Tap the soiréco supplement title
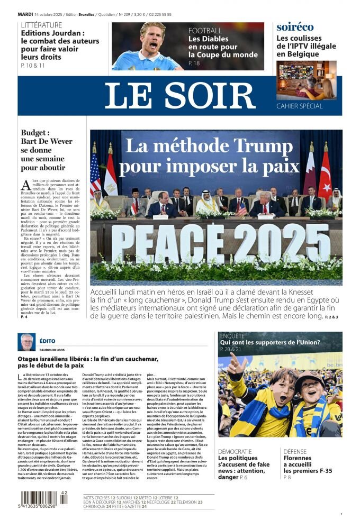[295, 27]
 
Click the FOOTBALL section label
[205, 31]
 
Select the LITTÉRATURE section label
[41, 25]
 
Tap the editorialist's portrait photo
[26, 342]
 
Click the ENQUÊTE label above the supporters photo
[232, 335]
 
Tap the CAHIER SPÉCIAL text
[300, 106]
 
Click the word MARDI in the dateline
[25, 14]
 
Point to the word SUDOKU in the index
[123, 498]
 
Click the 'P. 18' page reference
[194, 63]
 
